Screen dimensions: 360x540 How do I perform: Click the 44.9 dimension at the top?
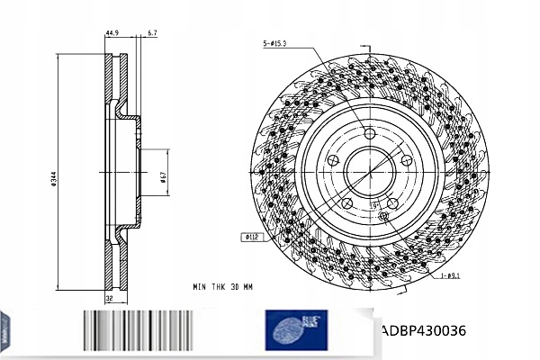point(113,32)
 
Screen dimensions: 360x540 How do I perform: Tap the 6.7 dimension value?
point(152,32)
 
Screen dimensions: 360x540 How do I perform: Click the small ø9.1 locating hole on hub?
point(383,214)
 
